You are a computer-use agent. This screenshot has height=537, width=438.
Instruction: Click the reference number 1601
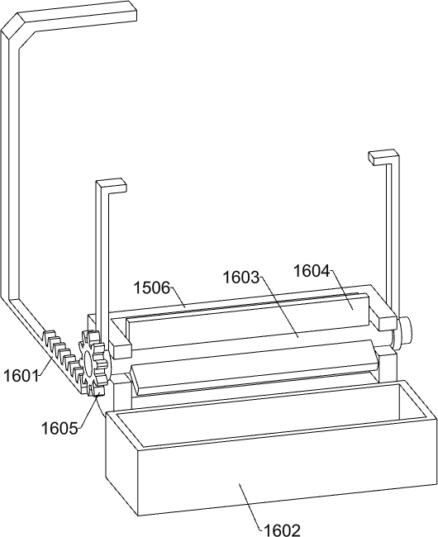(x=21, y=376)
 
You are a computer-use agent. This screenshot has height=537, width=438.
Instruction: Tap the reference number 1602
(x=282, y=530)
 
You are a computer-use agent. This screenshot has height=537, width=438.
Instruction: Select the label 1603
(x=240, y=277)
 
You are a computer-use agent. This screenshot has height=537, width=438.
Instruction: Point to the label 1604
(x=312, y=271)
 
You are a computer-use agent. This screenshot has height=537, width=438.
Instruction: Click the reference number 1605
(x=60, y=428)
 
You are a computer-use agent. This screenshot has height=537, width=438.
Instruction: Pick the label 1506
(x=152, y=288)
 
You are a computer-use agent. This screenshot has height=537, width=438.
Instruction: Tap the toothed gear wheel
(x=93, y=363)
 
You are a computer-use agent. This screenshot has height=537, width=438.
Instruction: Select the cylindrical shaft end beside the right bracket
(x=405, y=331)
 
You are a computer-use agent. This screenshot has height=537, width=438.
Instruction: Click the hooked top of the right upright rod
(x=384, y=157)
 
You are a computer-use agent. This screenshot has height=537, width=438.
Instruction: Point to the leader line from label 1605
(x=88, y=411)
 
